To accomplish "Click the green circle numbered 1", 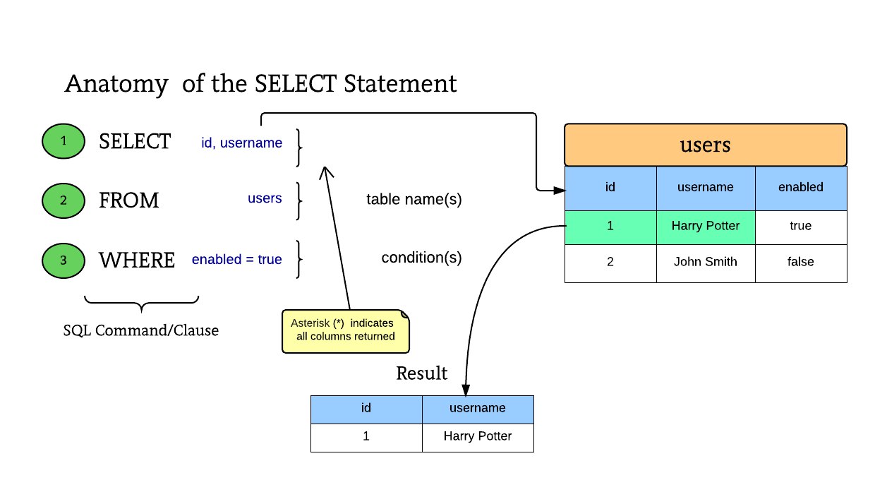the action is click(x=64, y=141).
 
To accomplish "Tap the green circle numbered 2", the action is click(x=64, y=200).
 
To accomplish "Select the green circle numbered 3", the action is click(x=64, y=260).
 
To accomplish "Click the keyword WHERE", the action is click(x=137, y=260).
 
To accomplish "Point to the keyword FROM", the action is click(x=129, y=200).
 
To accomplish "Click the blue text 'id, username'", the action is click(x=241, y=143).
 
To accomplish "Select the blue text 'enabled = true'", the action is click(x=236, y=259).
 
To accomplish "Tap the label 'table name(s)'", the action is click(x=414, y=199).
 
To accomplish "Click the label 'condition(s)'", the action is click(x=421, y=258).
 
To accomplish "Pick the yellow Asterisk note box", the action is click(x=346, y=332).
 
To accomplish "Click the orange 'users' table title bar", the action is click(x=706, y=145).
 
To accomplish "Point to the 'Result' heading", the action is click(x=421, y=373).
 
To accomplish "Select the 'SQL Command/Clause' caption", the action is click(x=141, y=330).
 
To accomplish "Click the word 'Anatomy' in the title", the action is click(x=116, y=84).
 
